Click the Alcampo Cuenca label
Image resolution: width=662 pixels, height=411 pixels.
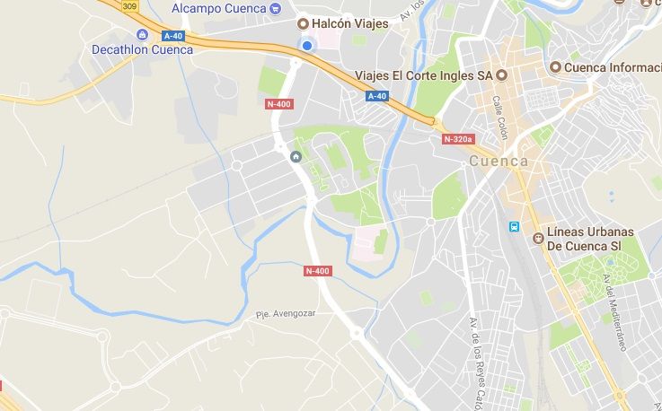click(218, 8)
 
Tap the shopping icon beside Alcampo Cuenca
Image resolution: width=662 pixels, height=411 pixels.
click(275, 8)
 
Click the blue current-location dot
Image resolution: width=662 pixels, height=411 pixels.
click(307, 46)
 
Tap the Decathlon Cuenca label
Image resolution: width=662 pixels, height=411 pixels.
click(142, 49)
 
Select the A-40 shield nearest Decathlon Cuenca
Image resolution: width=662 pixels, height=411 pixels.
click(173, 36)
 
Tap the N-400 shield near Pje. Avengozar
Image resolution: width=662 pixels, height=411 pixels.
click(317, 270)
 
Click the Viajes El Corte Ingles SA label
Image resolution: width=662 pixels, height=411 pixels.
click(423, 74)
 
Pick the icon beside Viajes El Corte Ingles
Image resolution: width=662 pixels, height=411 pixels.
click(501, 74)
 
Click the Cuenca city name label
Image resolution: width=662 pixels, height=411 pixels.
click(499, 162)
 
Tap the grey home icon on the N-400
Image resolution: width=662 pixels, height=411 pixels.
click(296, 157)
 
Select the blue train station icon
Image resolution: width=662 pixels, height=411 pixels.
click(514, 227)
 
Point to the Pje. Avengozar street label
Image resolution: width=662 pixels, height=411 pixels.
click(286, 314)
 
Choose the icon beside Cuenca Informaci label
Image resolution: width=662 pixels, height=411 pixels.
click(556, 67)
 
